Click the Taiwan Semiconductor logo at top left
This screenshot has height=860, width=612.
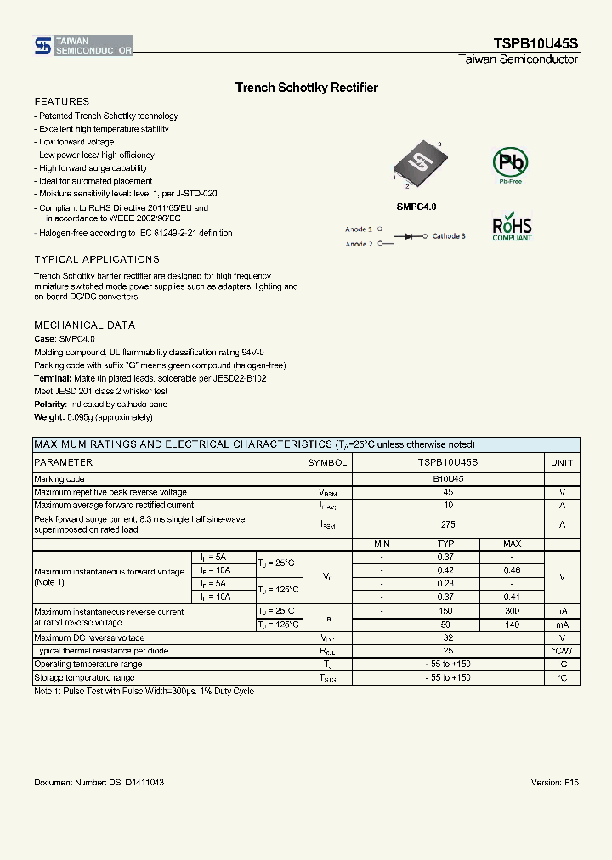point(82,46)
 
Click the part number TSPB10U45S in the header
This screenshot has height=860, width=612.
point(535,43)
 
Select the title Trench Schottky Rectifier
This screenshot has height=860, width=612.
point(306,88)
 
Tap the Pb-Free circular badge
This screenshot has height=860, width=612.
point(511,163)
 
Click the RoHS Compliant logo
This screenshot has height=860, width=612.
point(512,227)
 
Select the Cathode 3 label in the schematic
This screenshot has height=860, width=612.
point(448,236)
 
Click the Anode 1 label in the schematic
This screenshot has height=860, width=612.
point(358,229)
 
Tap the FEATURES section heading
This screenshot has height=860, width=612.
point(61,101)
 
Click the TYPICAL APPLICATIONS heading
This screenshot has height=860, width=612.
point(96,259)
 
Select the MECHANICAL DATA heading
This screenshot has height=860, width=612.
point(84,325)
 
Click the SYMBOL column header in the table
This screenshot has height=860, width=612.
point(327,462)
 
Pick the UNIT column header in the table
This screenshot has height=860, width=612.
point(562,462)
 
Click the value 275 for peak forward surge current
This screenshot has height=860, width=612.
point(447,524)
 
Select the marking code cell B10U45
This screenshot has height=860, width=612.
point(447,479)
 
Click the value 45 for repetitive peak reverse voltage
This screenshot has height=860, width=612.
point(447,492)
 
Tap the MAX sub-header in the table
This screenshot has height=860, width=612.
point(512,544)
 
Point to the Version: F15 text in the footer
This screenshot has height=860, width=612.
point(554,782)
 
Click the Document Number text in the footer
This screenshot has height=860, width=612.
point(99,782)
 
